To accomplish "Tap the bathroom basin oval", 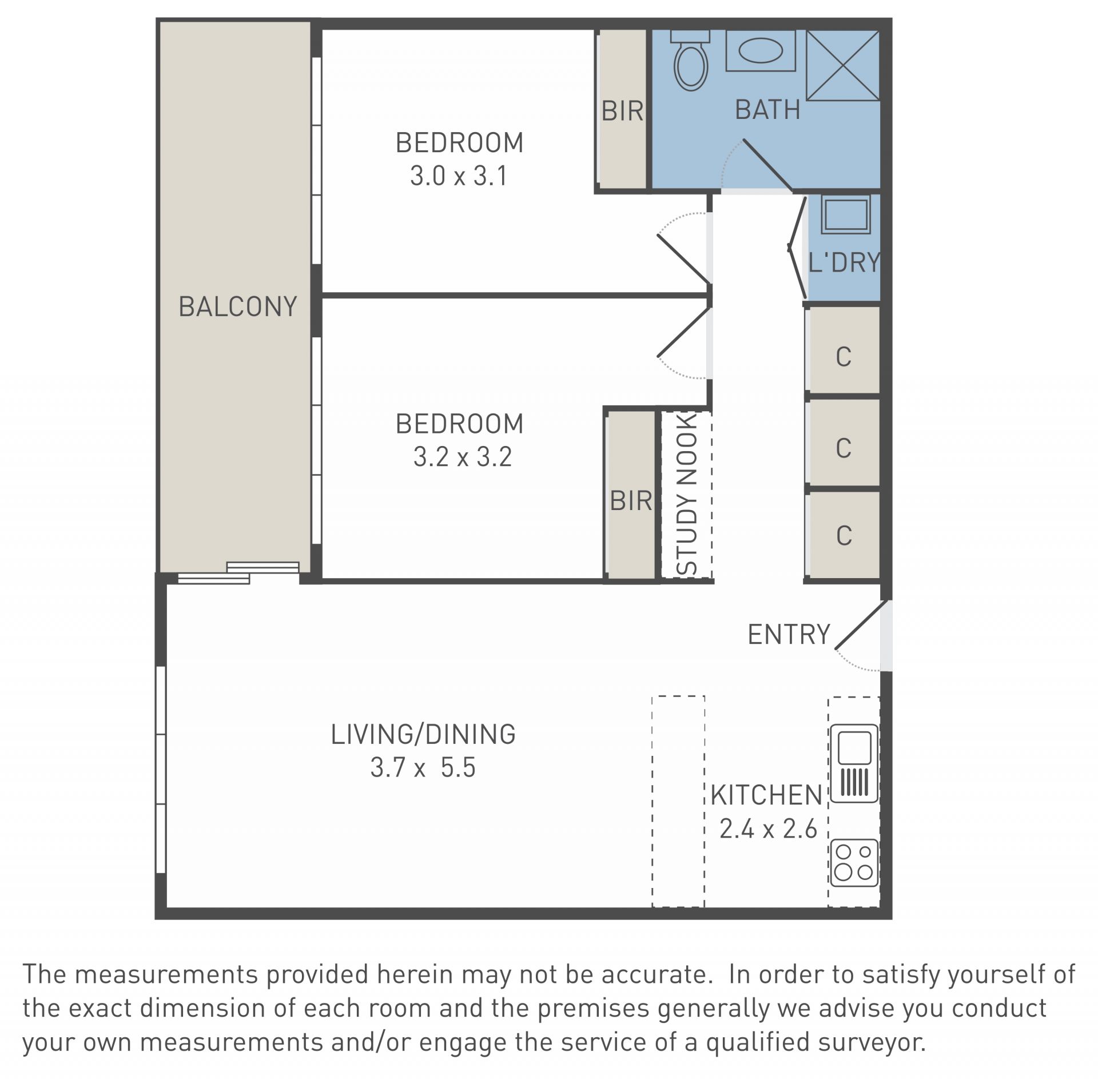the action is [761, 50].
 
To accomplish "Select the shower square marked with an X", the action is [843, 66].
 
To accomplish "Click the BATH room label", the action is [767, 110].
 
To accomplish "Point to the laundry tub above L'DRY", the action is [846, 214].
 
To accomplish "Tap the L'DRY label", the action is [844, 262].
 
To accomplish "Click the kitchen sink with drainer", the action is [854, 763].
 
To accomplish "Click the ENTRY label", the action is [789, 634].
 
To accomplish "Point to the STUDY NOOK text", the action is [687, 494].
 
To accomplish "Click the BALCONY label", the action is [238, 306].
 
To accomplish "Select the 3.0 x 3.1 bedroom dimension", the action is [459, 176].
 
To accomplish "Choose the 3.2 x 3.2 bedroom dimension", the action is [462, 457].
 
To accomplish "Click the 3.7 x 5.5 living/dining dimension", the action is [423, 767].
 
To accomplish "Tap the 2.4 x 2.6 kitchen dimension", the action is [768, 829].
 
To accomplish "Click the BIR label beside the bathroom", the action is [622, 111].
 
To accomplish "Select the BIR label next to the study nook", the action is [631, 501].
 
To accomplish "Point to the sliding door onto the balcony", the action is [238, 572].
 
